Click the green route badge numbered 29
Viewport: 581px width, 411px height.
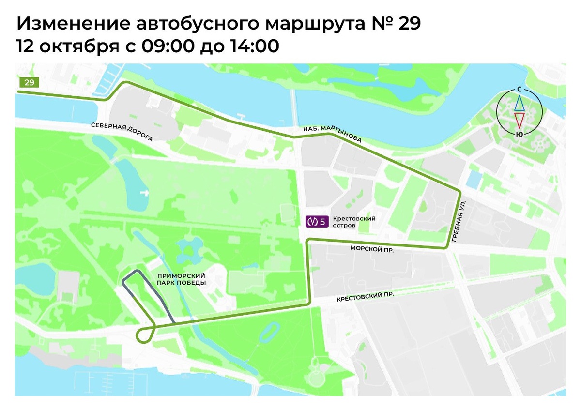click(29, 82)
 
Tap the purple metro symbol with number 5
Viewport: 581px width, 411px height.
click(317, 222)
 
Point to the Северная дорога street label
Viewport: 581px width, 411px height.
click(122, 132)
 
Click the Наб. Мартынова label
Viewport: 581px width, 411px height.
click(333, 134)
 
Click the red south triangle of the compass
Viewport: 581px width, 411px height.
click(519, 120)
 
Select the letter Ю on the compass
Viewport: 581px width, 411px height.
click(519, 134)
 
